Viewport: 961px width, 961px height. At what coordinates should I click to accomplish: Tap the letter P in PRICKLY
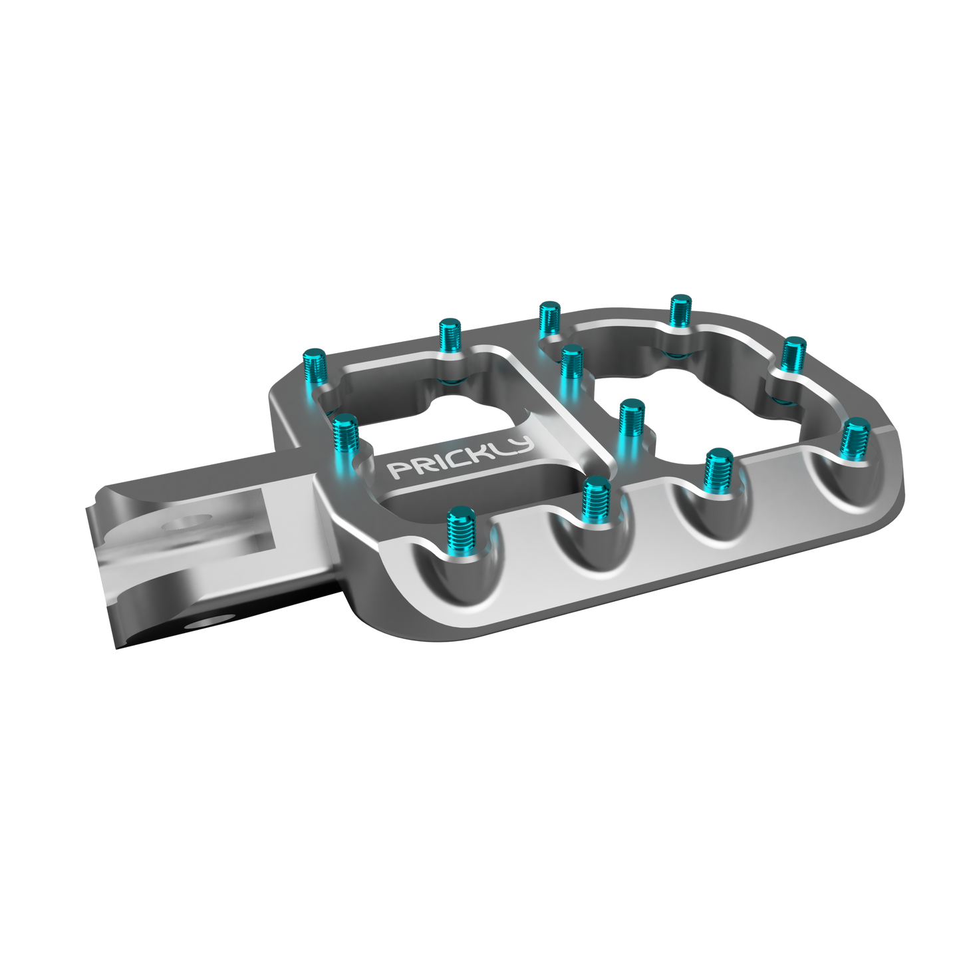pyautogui.click(x=397, y=471)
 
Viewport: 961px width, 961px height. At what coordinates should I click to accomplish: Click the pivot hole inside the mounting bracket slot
pyautogui.click(x=184, y=522)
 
